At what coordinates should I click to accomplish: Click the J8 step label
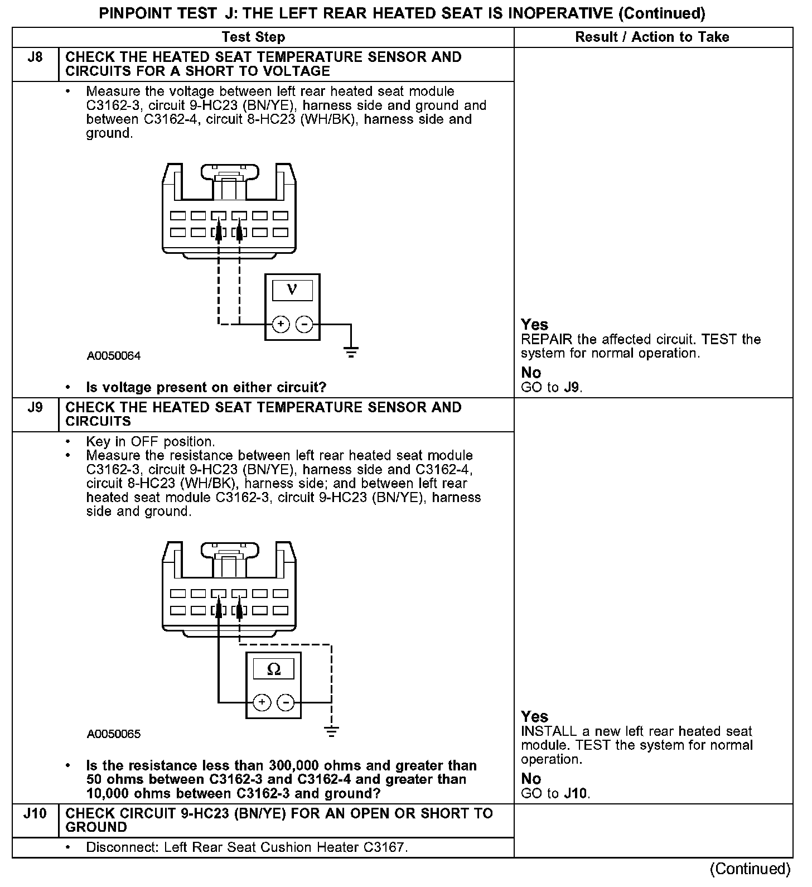pos(35,57)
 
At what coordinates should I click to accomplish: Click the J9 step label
pos(35,408)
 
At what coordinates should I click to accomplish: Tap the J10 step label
pos(35,813)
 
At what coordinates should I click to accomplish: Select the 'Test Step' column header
pos(253,37)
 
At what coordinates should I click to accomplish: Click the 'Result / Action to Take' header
pos(652,37)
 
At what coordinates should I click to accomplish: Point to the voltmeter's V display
pos(292,290)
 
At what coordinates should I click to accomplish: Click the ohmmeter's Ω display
pos(273,669)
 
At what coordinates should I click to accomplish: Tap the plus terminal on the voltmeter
pos(281,324)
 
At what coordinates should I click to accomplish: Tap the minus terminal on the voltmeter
pos(304,324)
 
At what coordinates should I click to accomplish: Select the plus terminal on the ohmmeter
pos(262,702)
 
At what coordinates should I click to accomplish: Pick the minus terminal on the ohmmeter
pos(286,702)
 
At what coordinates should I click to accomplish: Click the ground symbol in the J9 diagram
pos(331,731)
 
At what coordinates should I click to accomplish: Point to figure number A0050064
pos(114,356)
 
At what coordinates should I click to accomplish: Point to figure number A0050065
pos(114,734)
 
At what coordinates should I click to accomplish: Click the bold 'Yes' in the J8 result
pos(534,325)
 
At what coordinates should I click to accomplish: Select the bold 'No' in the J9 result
pos(531,778)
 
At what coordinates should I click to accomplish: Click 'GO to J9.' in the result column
pos(552,387)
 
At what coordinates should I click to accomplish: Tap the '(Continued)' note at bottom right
pos(750,869)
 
